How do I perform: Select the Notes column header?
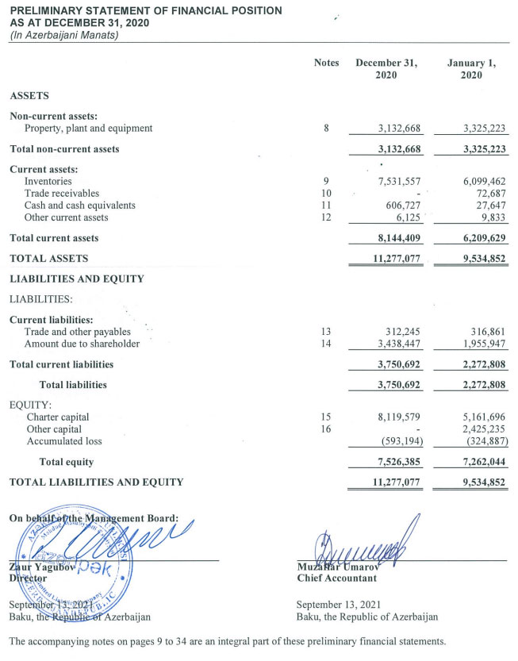pyautogui.click(x=326, y=63)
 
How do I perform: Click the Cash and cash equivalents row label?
pyautogui.click(x=79, y=205)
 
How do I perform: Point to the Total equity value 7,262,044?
pyautogui.click(x=479, y=462)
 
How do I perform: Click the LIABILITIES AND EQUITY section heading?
pyautogui.click(x=76, y=279)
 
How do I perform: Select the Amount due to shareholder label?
pyautogui.click(x=82, y=344)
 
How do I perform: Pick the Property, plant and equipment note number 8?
pyautogui.click(x=326, y=128)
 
